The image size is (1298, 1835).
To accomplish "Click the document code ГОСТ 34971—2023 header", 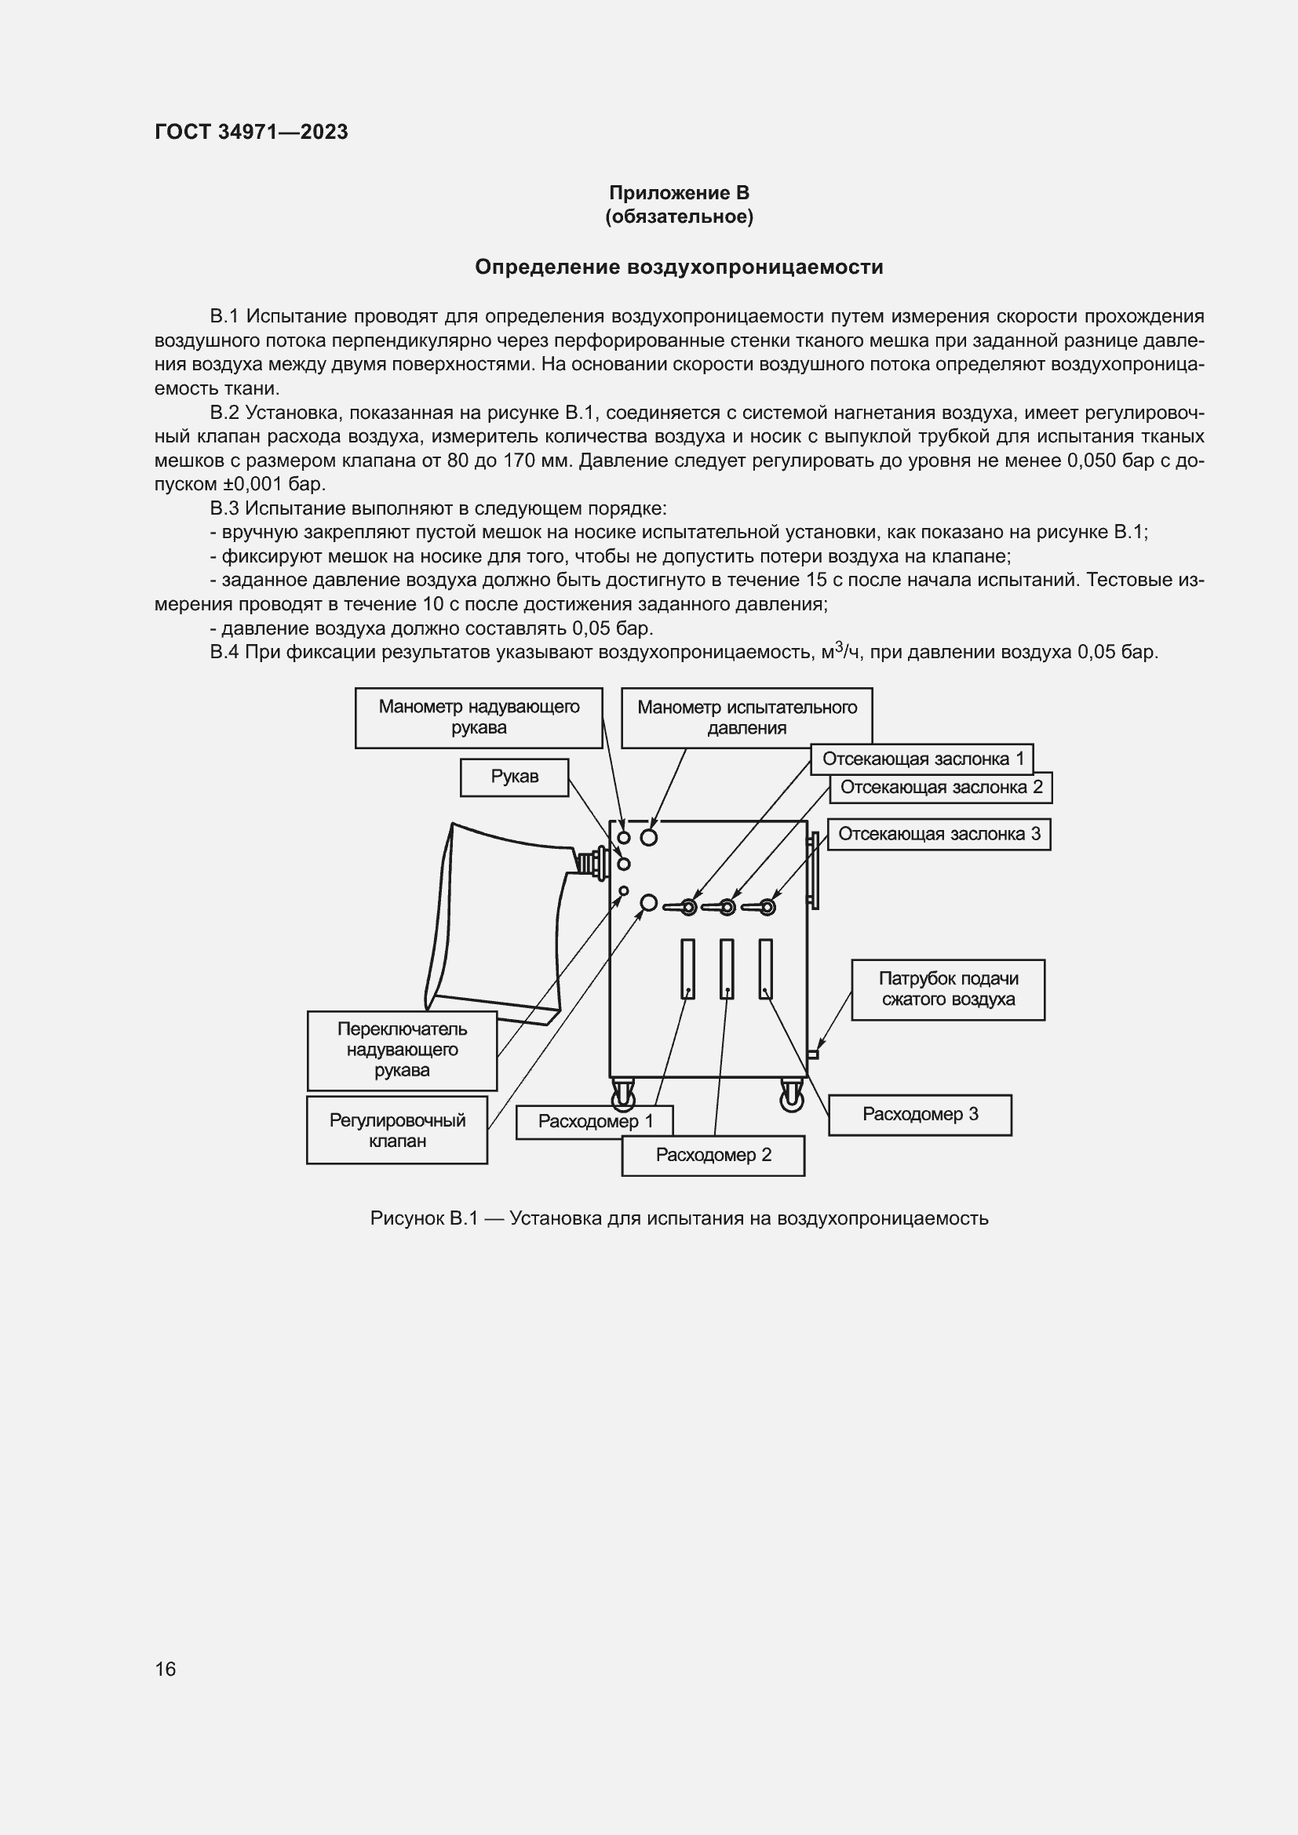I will click(x=251, y=132).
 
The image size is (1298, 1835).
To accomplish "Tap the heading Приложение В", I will click(x=679, y=193).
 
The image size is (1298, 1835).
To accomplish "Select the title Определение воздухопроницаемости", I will click(x=679, y=267).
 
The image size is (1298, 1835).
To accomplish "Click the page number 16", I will click(x=166, y=1669).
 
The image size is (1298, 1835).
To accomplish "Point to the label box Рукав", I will click(x=514, y=777).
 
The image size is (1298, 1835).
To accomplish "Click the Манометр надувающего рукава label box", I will click(x=478, y=717).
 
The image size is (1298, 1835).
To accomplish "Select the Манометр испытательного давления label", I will click(x=746, y=717).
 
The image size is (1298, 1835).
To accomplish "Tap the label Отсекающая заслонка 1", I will click(x=921, y=759).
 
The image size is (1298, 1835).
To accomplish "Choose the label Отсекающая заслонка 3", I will click(x=939, y=834).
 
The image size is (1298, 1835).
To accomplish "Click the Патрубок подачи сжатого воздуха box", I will click(x=947, y=988).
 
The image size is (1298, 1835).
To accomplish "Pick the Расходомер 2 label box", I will click(x=713, y=1154).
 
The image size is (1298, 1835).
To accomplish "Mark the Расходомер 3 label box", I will click(x=919, y=1114).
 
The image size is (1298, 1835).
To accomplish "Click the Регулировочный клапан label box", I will click(x=397, y=1130).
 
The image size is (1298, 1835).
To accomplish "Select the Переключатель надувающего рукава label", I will click(x=402, y=1050).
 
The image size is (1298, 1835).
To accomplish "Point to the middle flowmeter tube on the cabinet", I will click(x=727, y=968).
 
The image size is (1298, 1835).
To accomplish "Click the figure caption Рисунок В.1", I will click(x=679, y=1218).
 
